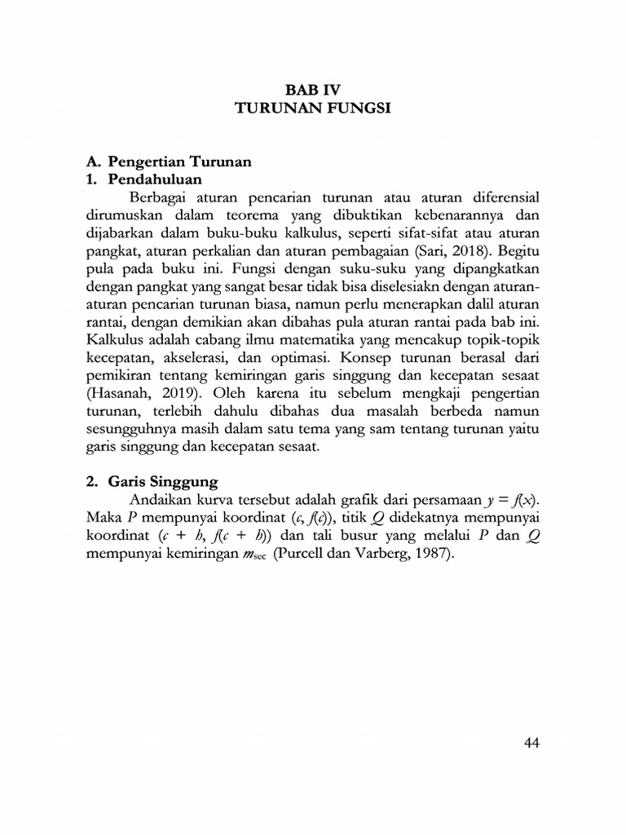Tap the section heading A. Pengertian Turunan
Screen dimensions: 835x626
(169, 161)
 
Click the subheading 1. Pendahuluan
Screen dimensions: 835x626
(143, 179)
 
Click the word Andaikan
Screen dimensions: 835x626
(161, 499)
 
